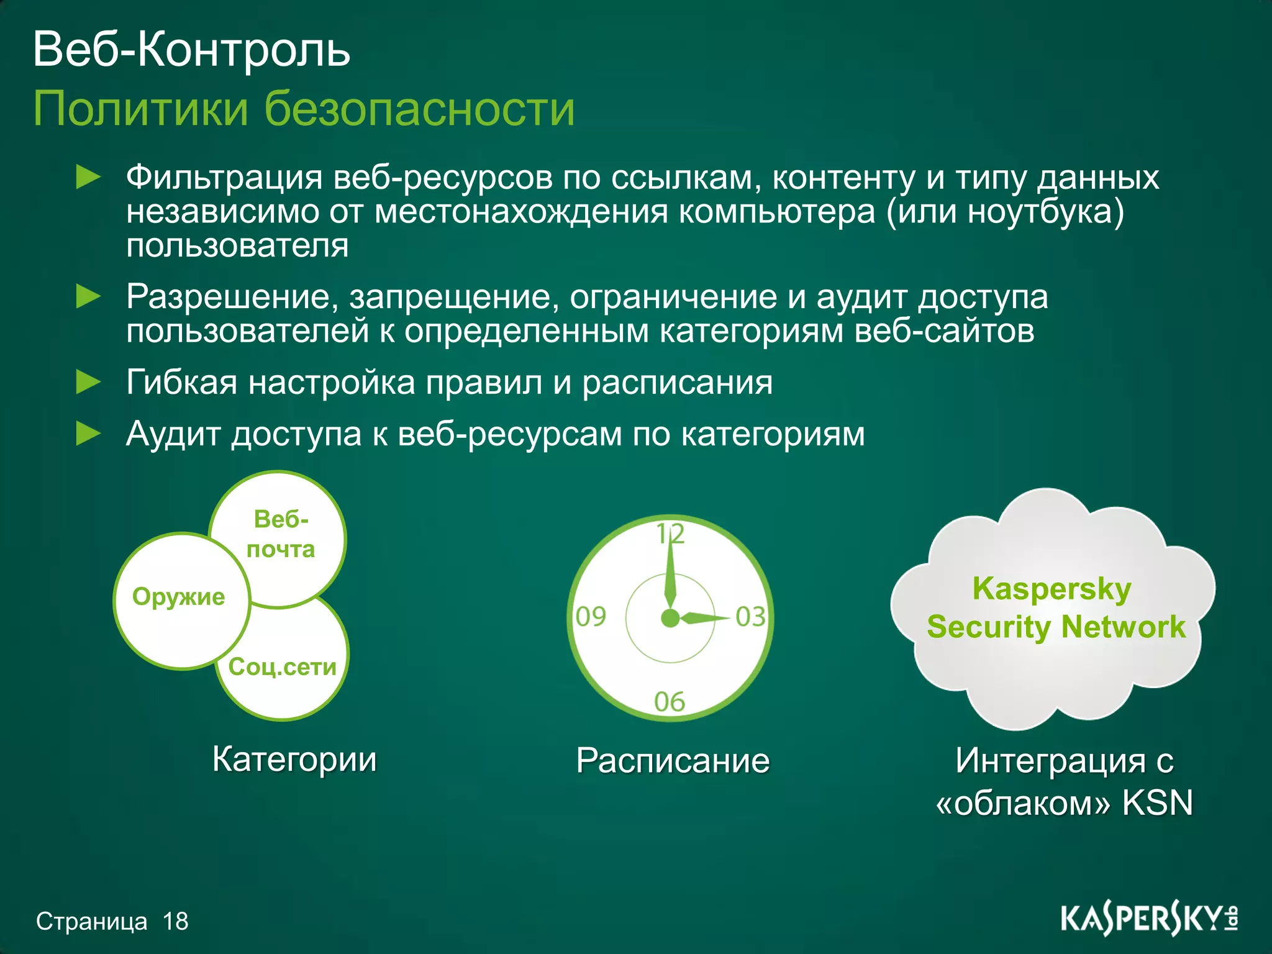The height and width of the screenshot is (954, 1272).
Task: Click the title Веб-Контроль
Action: (191, 50)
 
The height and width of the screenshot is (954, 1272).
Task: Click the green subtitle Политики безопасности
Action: (304, 109)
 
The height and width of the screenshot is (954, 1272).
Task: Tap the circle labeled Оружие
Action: (179, 597)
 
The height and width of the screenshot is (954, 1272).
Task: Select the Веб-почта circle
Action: (281, 534)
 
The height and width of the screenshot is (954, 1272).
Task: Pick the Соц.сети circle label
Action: (283, 667)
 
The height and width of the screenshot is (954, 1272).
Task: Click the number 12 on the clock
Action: (671, 534)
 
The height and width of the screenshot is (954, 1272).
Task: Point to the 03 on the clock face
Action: (750, 617)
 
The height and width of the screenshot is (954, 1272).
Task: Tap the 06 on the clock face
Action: (670, 702)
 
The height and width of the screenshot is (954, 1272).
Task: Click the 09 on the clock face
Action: (590, 617)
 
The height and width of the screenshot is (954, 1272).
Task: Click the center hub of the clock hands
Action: (670, 618)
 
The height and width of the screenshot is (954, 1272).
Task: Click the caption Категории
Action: (294, 759)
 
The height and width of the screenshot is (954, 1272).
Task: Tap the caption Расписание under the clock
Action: (673, 760)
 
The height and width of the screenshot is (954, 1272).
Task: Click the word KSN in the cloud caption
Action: (1157, 802)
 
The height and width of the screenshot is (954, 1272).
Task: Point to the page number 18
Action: (176, 921)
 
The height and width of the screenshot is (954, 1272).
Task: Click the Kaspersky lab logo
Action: (1149, 920)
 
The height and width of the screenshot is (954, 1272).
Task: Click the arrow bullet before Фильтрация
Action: (88, 178)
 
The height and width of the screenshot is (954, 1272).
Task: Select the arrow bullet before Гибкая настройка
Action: (88, 382)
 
